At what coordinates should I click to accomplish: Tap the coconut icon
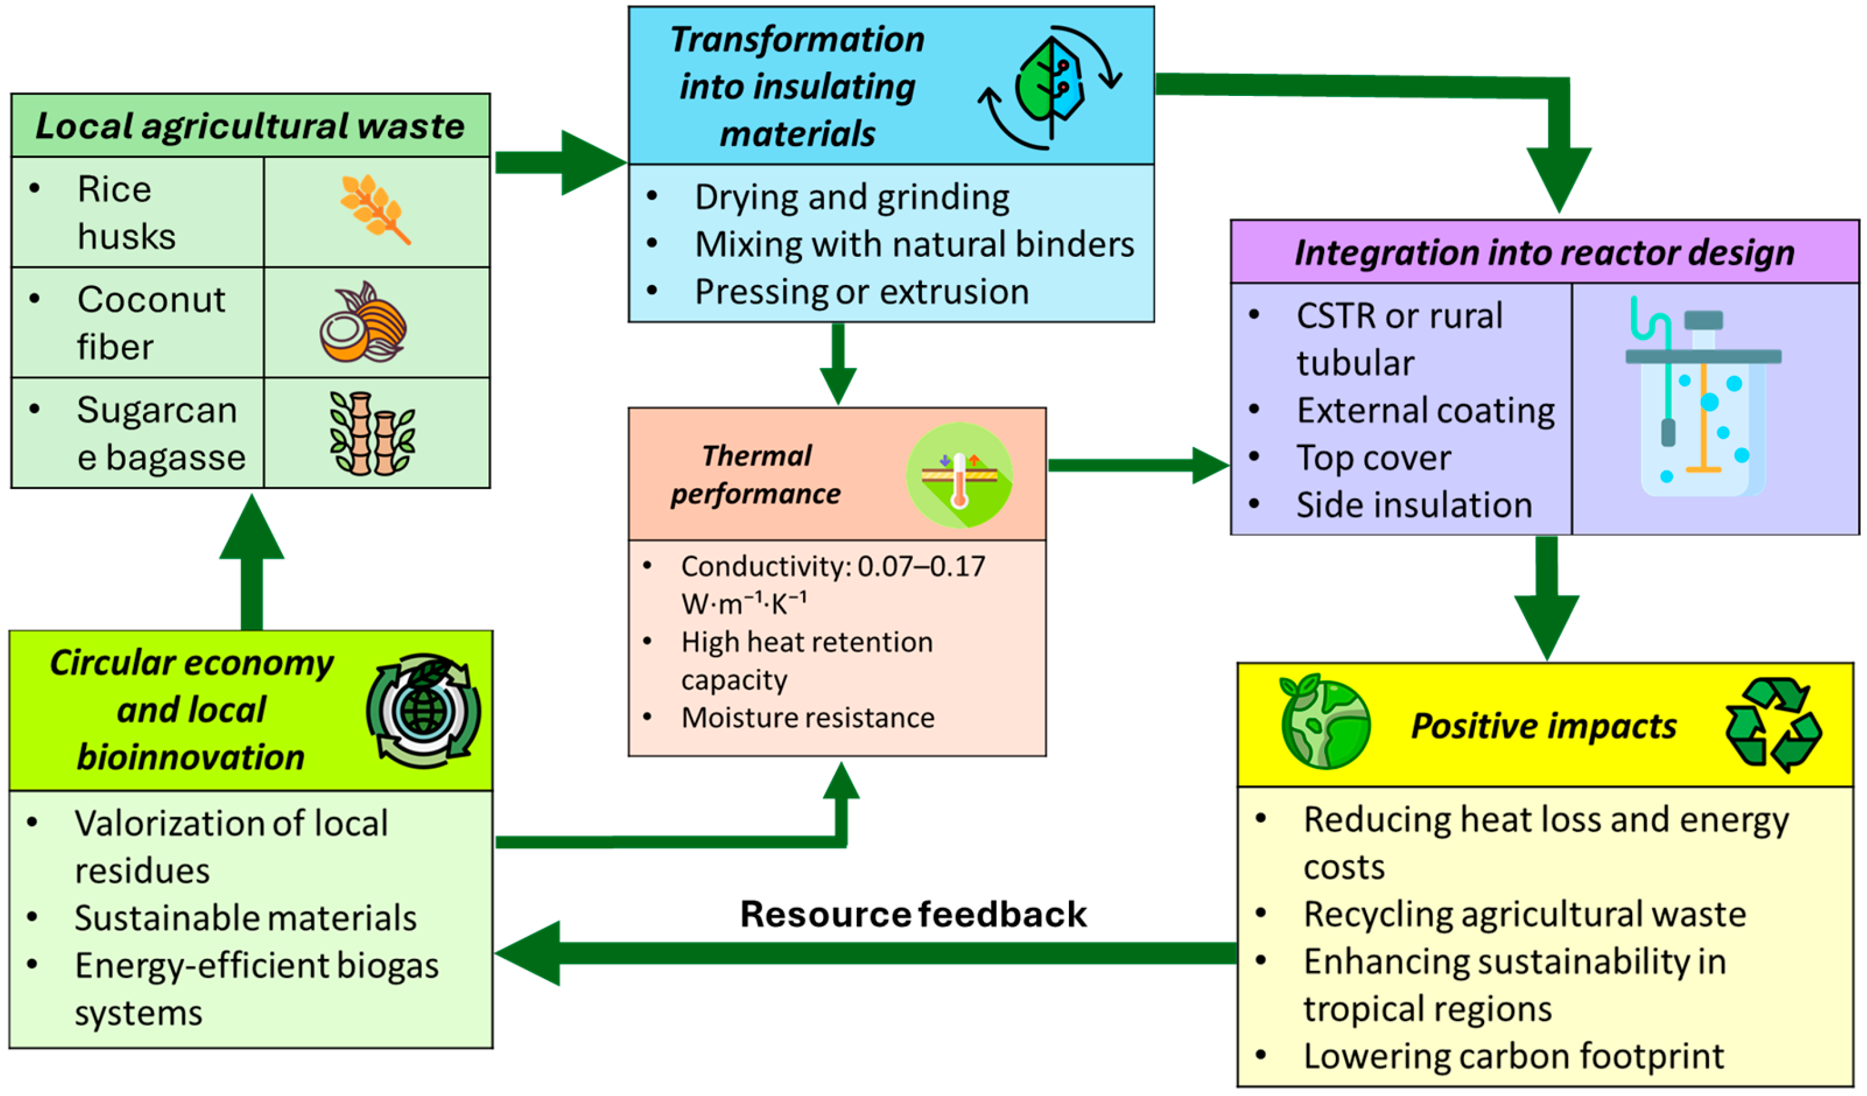(x=363, y=323)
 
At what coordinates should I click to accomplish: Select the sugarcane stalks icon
(x=372, y=433)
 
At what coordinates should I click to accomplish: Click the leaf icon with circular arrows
(x=1050, y=87)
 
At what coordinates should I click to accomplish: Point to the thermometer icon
(x=959, y=475)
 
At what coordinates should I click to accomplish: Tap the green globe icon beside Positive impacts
(x=1325, y=722)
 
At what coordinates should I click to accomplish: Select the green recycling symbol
(x=1772, y=724)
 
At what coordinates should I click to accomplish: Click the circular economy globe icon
(x=423, y=711)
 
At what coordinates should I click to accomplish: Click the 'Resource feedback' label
(x=913, y=914)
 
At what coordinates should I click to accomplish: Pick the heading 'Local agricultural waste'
(x=250, y=126)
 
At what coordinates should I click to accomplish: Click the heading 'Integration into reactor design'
(x=1545, y=253)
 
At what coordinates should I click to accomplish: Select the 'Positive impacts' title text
(x=1544, y=726)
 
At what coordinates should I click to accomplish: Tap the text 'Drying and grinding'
(x=852, y=198)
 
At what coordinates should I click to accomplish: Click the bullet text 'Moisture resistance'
(x=807, y=718)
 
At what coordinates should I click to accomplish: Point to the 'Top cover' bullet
(x=1373, y=458)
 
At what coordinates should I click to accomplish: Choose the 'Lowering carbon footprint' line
(x=1514, y=1056)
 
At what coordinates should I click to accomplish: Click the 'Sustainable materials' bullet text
(x=245, y=918)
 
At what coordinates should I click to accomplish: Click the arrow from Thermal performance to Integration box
(x=1137, y=465)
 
